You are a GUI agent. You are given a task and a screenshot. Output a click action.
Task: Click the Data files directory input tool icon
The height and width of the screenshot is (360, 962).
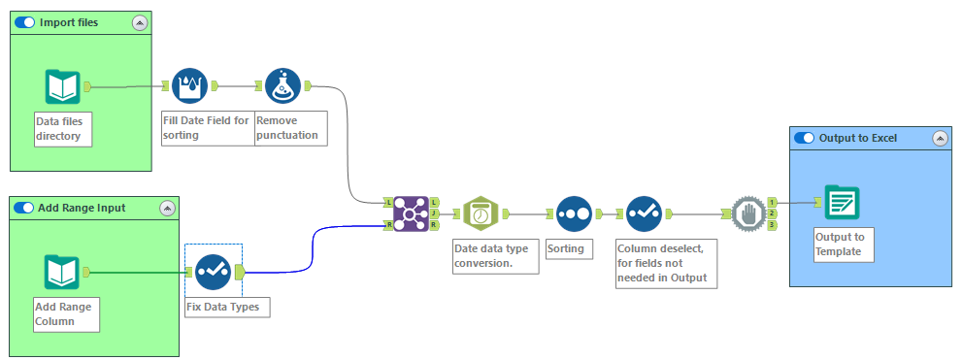(x=62, y=87)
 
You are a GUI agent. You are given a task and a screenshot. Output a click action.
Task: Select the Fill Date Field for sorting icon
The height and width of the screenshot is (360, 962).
(x=190, y=86)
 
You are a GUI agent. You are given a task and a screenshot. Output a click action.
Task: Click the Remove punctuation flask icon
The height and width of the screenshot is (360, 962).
(x=283, y=86)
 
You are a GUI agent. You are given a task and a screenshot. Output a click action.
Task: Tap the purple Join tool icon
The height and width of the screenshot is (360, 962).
(x=412, y=213)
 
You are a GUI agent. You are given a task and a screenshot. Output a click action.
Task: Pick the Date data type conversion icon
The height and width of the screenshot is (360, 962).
(x=481, y=213)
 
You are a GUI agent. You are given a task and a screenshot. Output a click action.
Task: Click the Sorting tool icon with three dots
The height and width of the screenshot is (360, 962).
(x=574, y=213)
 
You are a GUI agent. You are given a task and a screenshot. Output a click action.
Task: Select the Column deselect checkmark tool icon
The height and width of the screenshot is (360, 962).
(x=644, y=213)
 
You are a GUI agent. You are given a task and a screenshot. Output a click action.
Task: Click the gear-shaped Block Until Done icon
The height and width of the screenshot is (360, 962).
(x=746, y=213)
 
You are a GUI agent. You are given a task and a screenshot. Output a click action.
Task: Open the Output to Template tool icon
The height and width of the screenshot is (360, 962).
(x=842, y=202)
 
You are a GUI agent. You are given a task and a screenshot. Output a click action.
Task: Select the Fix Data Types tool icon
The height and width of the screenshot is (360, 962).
(x=213, y=272)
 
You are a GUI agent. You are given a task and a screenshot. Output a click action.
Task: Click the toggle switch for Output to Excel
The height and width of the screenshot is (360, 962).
(x=805, y=138)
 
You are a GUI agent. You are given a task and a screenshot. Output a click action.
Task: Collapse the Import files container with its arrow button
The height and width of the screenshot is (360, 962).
(x=139, y=22)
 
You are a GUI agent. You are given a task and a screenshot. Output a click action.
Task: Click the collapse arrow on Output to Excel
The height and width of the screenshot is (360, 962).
(x=939, y=138)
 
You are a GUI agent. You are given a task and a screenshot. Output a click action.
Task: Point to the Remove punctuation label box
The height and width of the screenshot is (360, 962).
(x=289, y=128)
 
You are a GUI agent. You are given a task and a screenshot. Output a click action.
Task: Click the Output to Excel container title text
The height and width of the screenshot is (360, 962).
(x=858, y=138)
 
